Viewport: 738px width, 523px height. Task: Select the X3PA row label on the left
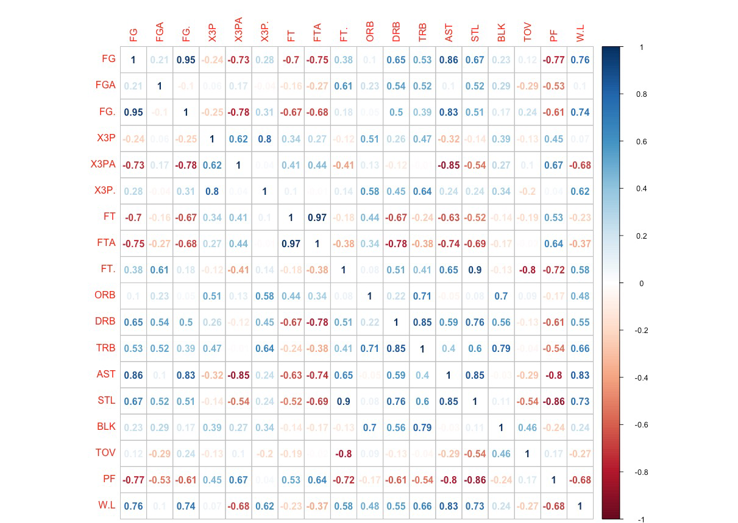click(x=103, y=164)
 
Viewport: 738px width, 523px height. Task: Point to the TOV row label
click(x=105, y=453)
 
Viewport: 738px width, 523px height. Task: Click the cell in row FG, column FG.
click(x=133, y=60)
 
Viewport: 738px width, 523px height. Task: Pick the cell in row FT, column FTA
click(x=317, y=217)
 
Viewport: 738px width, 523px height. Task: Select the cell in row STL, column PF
click(x=553, y=401)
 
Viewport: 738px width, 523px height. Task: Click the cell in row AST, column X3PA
click(x=238, y=374)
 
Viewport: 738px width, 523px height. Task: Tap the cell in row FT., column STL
click(x=475, y=270)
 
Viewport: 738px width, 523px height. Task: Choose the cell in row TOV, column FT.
click(x=343, y=453)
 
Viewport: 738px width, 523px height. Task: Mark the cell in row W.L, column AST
click(x=449, y=505)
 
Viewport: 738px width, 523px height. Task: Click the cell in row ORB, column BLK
click(x=501, y=296)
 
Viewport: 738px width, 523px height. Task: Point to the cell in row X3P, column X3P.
click(x=212, y=139)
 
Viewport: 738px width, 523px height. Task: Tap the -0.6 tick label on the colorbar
click(x=641, y=425)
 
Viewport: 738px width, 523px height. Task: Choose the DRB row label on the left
click(x=105, y=322)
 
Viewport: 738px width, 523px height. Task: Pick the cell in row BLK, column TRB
click(x=422, y=427)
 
